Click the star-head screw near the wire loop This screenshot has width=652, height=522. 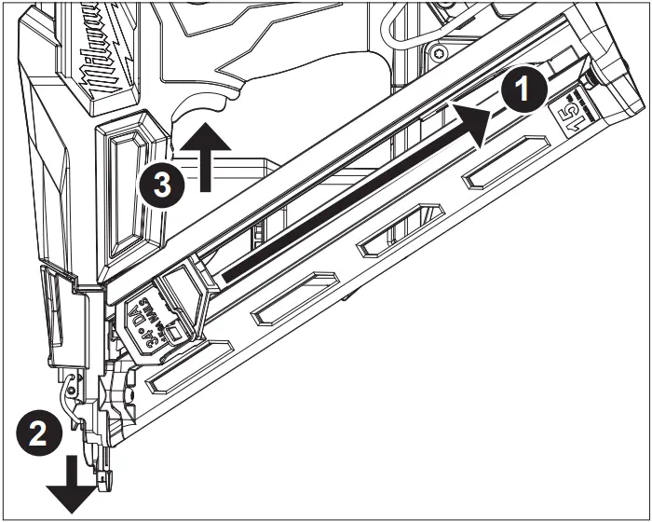(437, 48)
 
